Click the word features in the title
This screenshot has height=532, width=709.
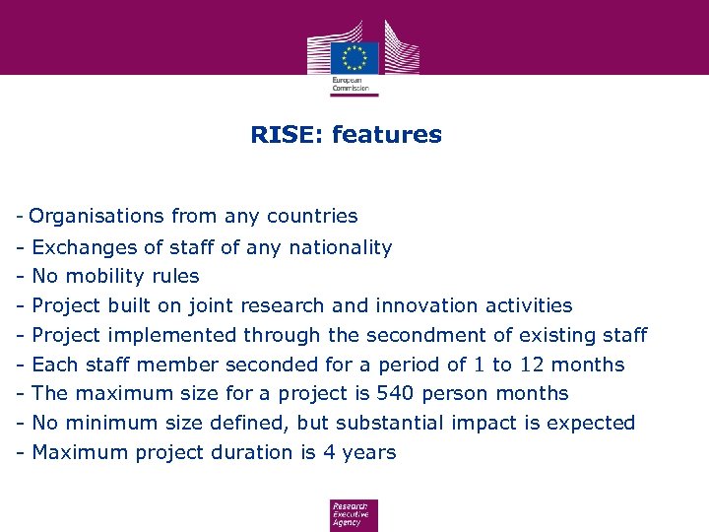[x=387, y=135]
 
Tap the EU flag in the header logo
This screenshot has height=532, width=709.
[x=354, y=56]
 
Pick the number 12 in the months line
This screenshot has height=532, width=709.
[x=533, y=366]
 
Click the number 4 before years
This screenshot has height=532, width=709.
[x=331, y=453]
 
